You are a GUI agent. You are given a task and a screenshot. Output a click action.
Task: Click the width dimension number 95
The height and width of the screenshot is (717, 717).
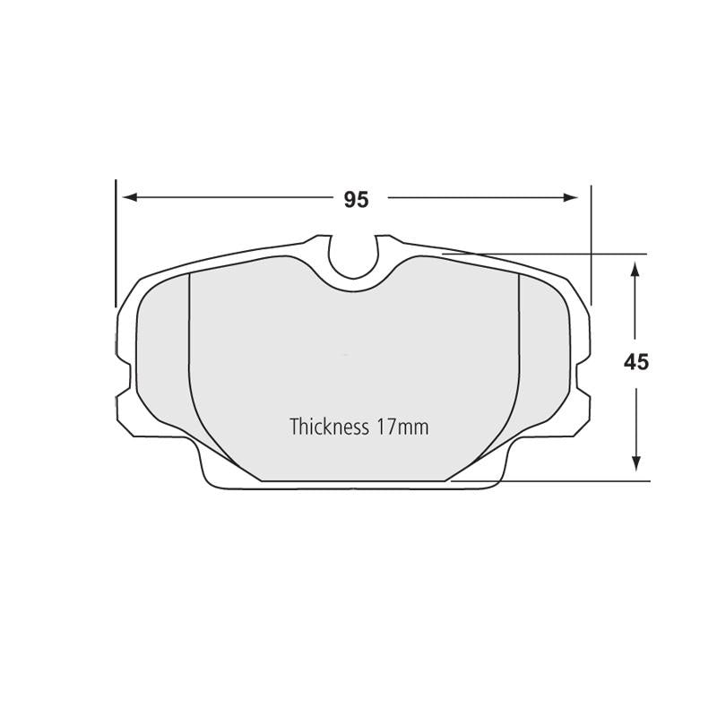(x=356, y=200)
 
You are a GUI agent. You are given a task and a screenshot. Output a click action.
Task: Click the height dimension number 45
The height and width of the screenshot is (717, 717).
(x=635, y=362)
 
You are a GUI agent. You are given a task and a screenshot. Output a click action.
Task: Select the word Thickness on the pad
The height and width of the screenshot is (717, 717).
(x=329, y=427)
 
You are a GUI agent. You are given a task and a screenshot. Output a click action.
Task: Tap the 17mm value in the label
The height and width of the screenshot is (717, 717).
(x=402, y=427)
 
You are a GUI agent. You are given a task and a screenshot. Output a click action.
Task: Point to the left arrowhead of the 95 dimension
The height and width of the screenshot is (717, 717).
(x=129, y=197)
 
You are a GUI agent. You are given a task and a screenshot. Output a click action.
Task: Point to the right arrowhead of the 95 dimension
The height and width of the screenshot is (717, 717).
(x=572, y=197)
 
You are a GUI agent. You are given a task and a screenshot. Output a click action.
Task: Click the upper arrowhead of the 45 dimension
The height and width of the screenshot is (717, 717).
(x=635, y=269)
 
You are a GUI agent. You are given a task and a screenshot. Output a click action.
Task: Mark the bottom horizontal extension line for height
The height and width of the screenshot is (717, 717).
(x=556, y=481)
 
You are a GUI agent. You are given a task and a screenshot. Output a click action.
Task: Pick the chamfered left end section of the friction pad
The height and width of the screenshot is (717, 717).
(x=163, y=358)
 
